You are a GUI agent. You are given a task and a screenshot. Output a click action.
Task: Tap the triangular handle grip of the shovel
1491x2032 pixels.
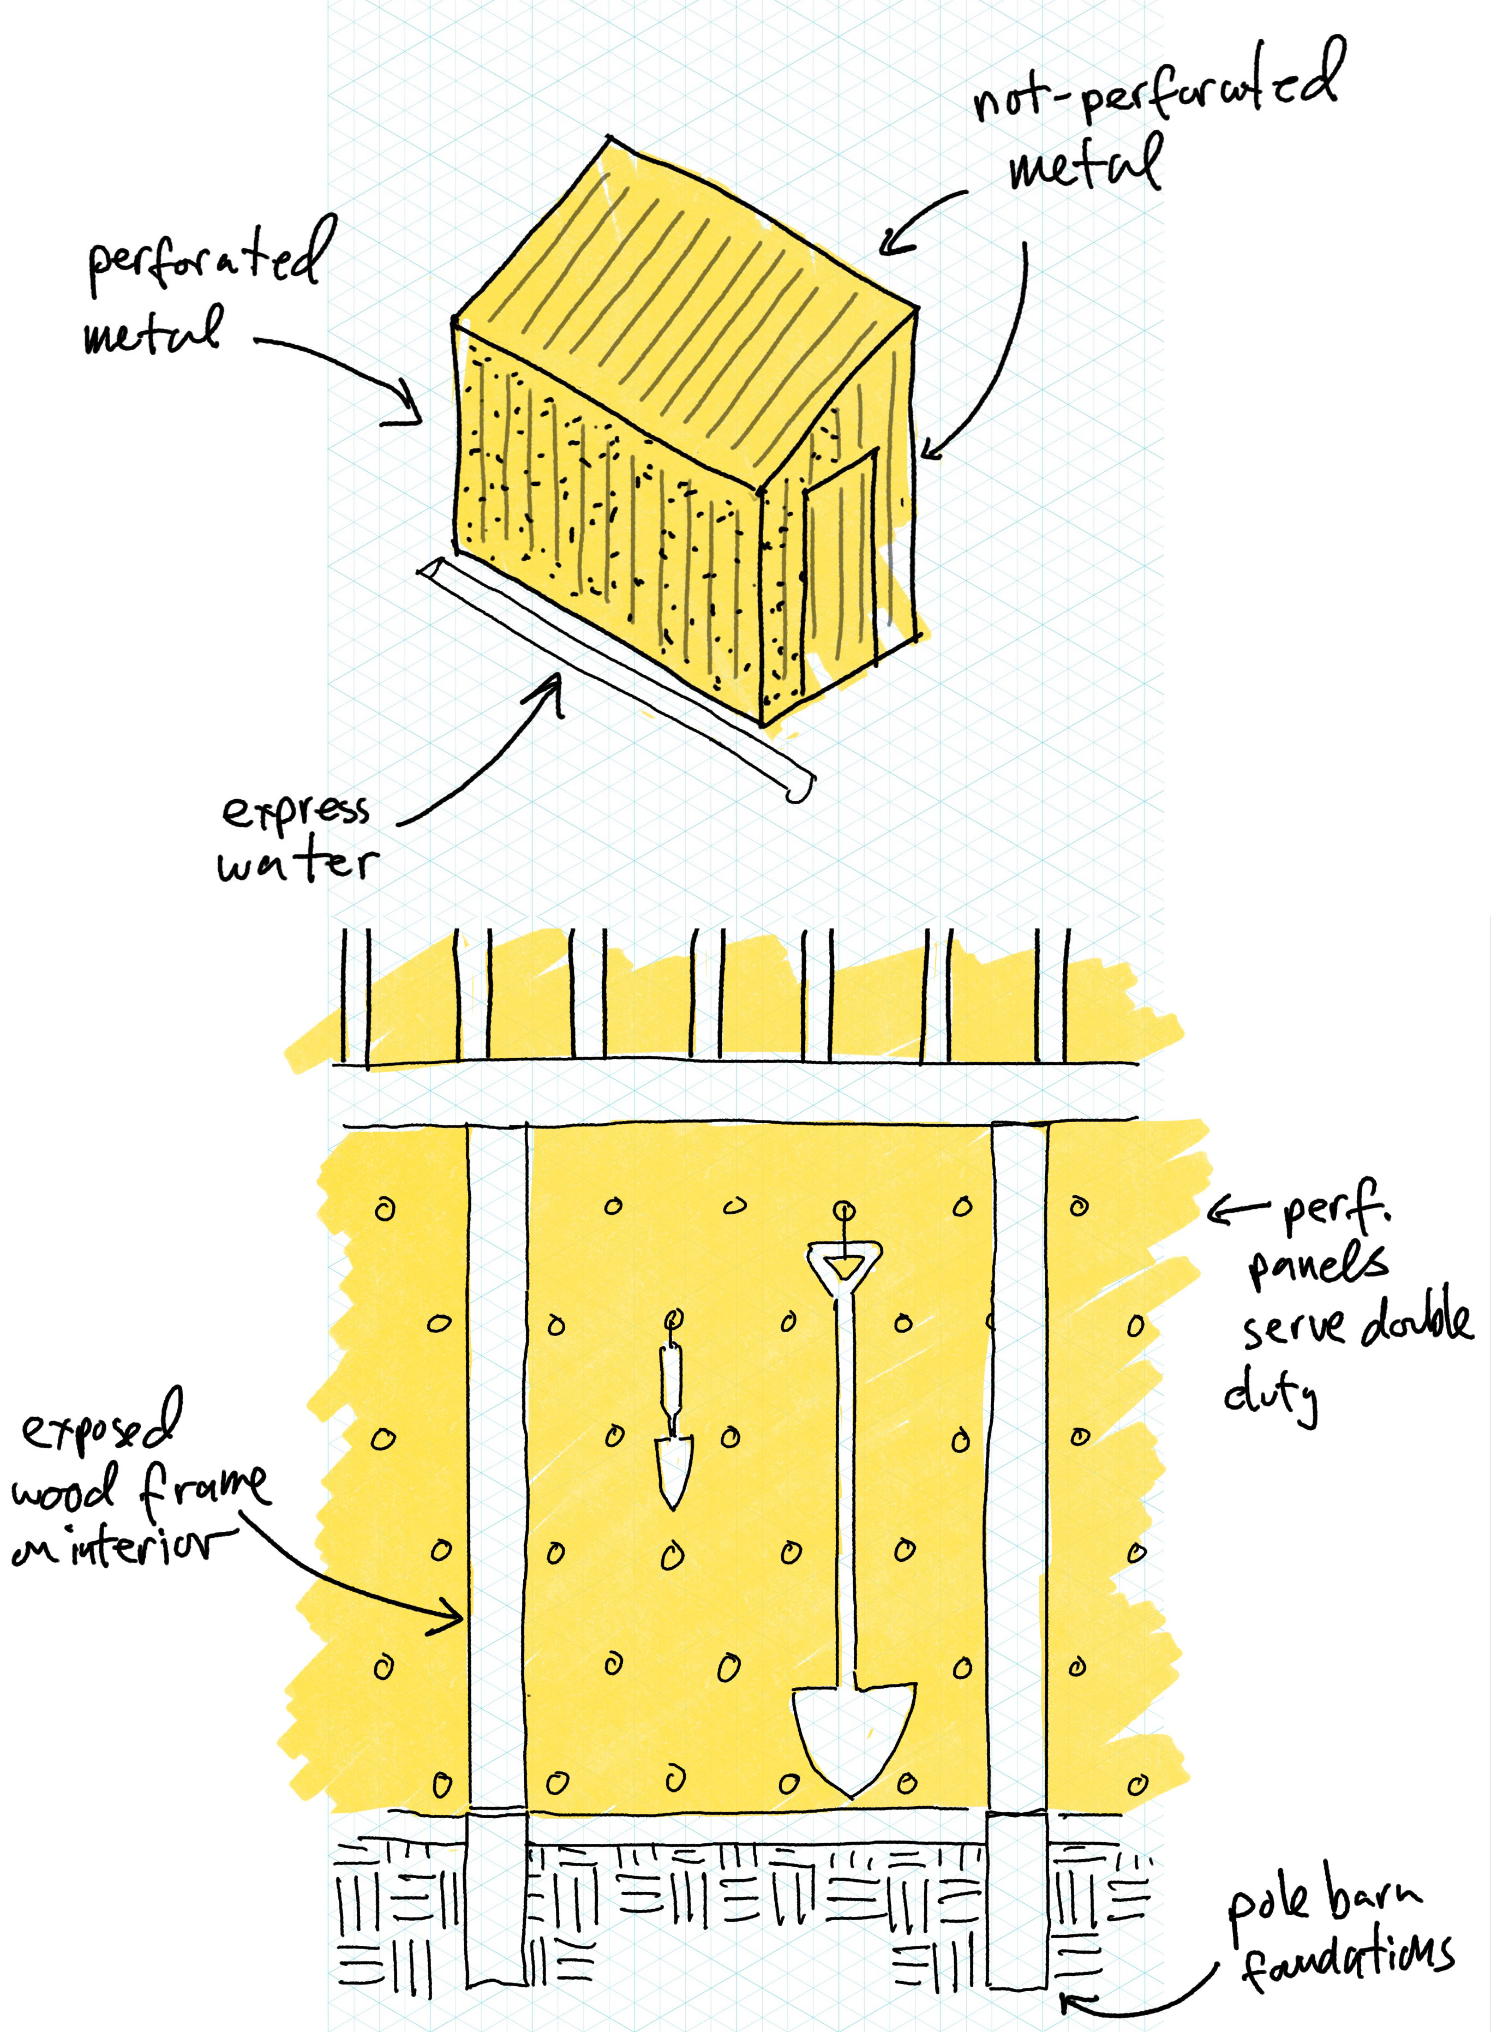[x=845, y=1263]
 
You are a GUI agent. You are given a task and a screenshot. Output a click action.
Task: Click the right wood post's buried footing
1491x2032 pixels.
[x=1017, y=1922]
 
